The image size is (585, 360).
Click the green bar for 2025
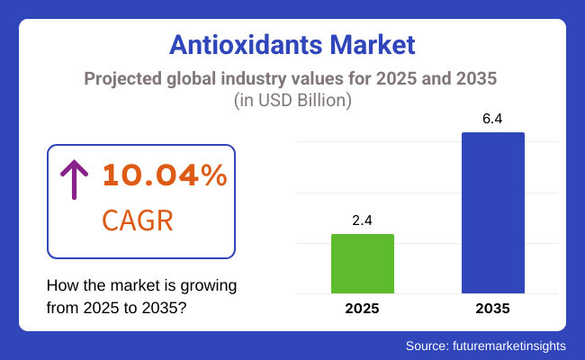[363, 264]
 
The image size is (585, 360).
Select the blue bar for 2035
[492, 212]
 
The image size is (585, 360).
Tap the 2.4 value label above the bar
[363, 220]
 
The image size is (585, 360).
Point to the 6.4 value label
[492, 119]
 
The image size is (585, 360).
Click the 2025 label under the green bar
[363, 309]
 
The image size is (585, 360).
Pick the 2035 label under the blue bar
[492, 309]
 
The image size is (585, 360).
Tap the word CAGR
[138, 220]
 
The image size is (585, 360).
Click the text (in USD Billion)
[292, 100]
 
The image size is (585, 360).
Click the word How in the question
[62, 286]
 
